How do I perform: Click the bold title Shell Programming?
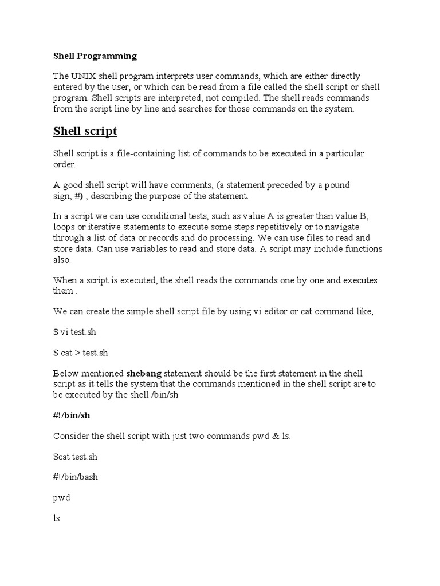(x=95, y=56)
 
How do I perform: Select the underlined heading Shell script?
(x=85, y=132)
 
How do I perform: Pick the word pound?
(x=337, y=185)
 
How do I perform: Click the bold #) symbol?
(x=78, y=196)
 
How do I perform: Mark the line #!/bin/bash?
(x=76, y=477)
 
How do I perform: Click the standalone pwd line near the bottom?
(x=61, y=498)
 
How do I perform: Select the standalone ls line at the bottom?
(x=57, y=518)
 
